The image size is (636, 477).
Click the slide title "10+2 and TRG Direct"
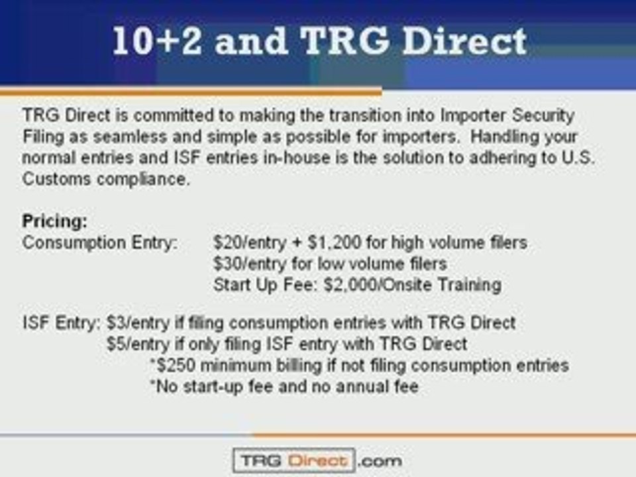pyautogui.click(x=319, y=42)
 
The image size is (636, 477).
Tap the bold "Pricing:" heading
pyautogui.click(x=55, y=221)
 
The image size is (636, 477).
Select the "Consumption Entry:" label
pyautogui.click(x=100, y=242)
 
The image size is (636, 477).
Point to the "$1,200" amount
pyautogui.click(x=312, y=242)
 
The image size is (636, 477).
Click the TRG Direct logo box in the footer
pyautogui.click(x=293, y=460)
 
